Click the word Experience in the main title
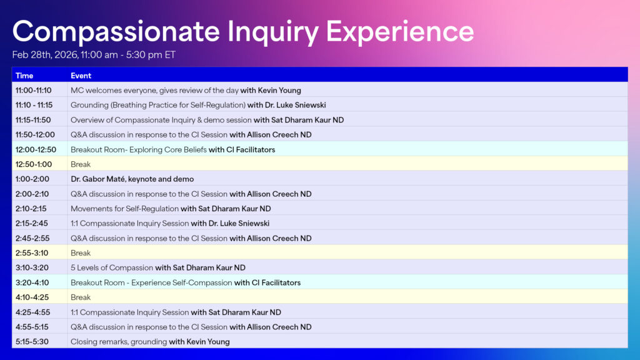click(x=400, y=31)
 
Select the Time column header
click(x=24, y=76)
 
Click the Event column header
click(x=81, y=76)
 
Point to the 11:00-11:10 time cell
click(x=33, y=91)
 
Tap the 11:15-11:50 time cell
click(x=33, y=120)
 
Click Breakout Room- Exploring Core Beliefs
click(x=138, y=149)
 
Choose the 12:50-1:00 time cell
click(x=33, y=164)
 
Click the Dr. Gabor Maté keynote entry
click(x=132, y=179)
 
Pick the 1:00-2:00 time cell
click(x=32, y=179)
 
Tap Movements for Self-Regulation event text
click(x=124, y=209)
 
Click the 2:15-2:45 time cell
click(x=32, y=223)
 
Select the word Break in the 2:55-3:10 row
click(x=81, y=253)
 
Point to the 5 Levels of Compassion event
click(x=112, y=267)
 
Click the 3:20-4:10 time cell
click(x=32, y=282)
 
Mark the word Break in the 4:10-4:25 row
click(x=81, y=297)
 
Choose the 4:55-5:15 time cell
click(x=32, y=327)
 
